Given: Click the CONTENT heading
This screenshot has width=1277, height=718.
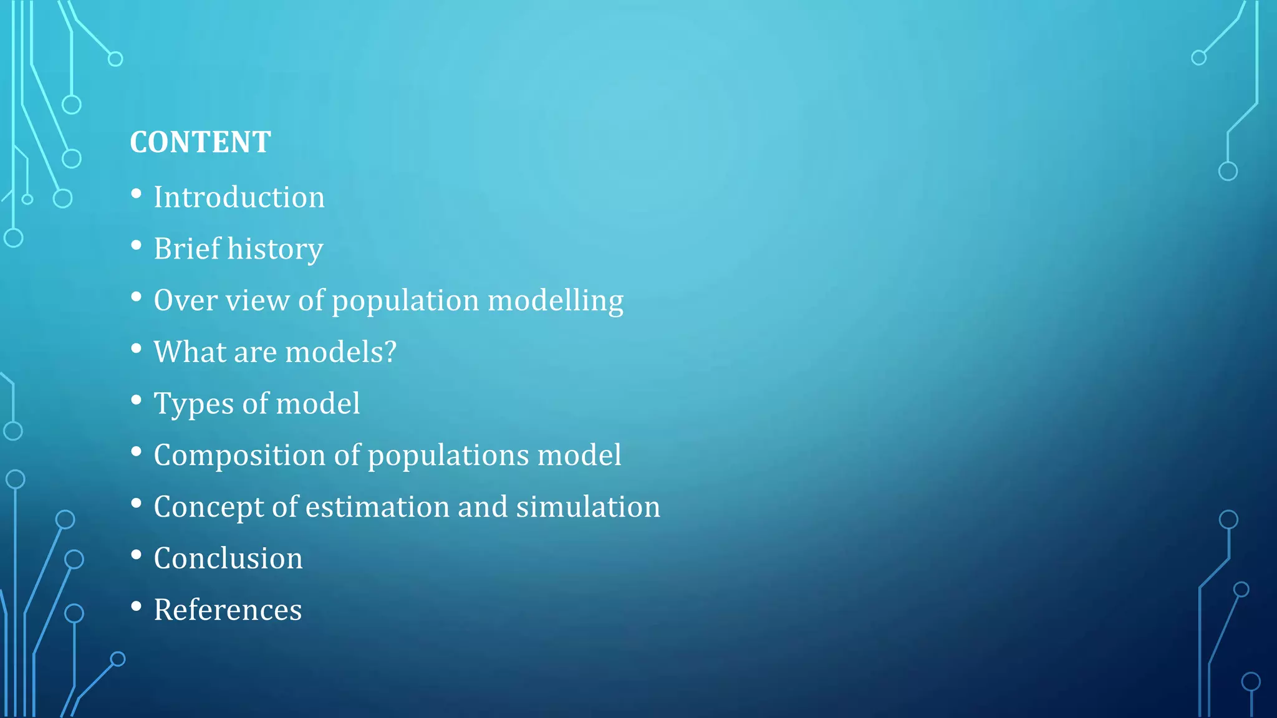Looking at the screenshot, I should [200, 142].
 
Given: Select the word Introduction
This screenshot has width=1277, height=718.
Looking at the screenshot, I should [239, 198].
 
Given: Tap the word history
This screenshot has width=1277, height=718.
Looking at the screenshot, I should [275, 249].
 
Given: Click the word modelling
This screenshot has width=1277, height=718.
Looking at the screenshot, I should [556, 301].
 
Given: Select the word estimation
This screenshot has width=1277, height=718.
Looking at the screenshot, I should [377, 507].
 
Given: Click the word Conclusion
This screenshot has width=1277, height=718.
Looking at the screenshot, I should [228, 558].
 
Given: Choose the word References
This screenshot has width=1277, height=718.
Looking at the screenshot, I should [228, 610].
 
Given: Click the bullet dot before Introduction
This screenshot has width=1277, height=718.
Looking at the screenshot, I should [137, 194].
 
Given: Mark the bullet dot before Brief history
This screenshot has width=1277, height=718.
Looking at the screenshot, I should [137, 246].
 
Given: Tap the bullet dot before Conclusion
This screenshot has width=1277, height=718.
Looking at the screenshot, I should [137, 555].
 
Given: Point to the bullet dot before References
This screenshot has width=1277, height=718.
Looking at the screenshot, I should [137, 606].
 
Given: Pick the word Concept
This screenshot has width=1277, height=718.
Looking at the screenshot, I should [208, 507].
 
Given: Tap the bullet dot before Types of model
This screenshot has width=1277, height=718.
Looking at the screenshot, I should [137, 400].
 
